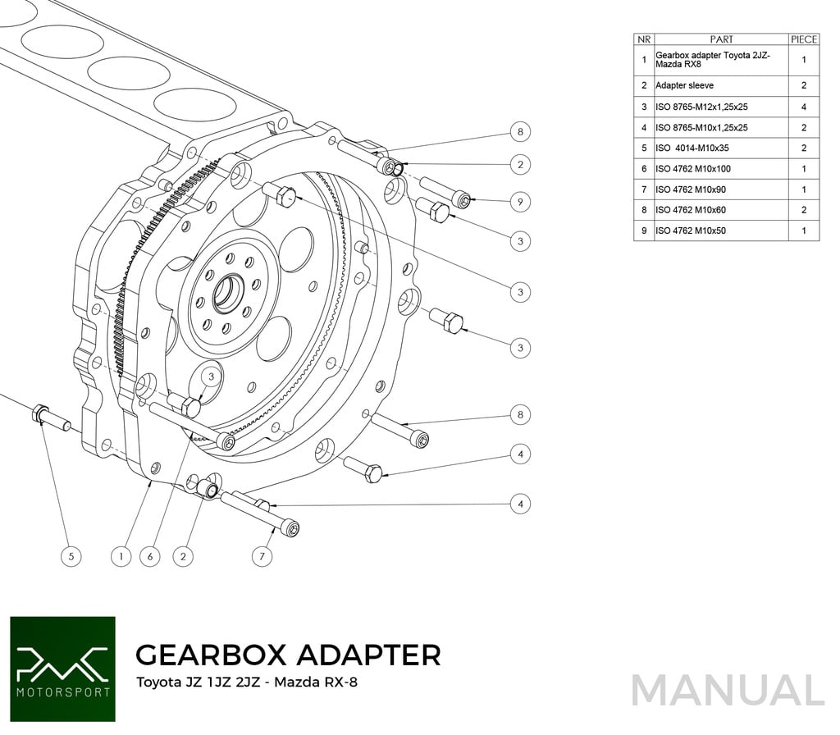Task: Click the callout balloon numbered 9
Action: tap(520, 201)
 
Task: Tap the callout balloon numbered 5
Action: tap(71, 556)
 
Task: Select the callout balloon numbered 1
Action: tap(121, 556)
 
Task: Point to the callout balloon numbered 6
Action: tap(149, 556)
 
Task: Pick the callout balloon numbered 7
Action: tap(262, 556)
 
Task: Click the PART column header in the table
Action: tap(721, 39)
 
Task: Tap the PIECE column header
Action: tap(804, 39)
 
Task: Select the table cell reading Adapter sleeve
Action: tap(685, 85)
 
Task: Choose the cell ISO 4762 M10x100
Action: tap(693, 169)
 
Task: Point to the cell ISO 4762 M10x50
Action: tap(691, 231)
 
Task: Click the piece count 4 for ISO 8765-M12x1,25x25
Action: tap(804, 107)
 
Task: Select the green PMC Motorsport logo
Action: tap(62, 669)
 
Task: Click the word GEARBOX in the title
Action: tap(210, 655)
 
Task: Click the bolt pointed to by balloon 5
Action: tap(51, 418)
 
